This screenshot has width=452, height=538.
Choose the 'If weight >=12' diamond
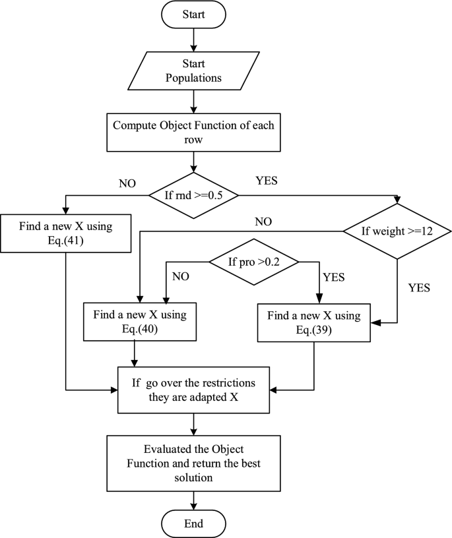(x=397, y=231)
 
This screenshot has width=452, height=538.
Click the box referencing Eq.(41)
(x=66, y=233)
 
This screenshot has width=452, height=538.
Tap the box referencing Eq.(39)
(x=313, y=322)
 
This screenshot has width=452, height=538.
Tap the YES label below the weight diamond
(x=420, y=288)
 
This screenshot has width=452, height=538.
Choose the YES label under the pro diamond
(x=334, y=277)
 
